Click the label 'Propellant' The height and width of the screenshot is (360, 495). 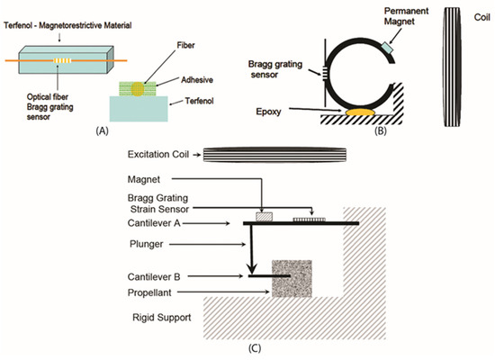click(x=150, y=292)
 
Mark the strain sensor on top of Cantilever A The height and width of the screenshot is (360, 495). click(x=315, y=217)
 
